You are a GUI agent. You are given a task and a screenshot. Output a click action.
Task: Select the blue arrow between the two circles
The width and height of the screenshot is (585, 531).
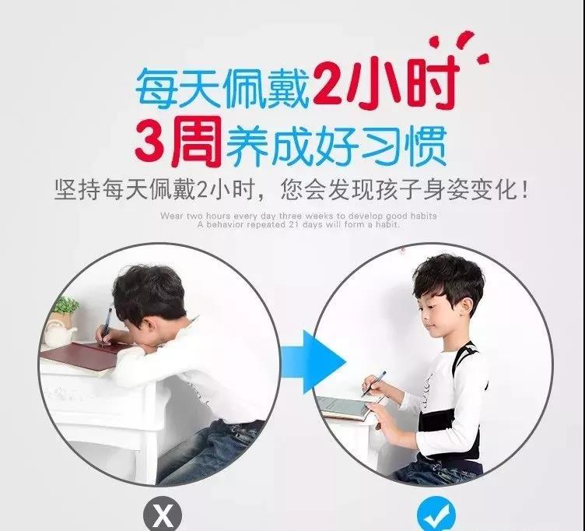[x=314, y=362]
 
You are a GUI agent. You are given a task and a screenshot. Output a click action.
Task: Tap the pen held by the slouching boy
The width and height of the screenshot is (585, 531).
[x=106, y=325]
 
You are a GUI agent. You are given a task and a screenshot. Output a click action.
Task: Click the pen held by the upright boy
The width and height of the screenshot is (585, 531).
[x=373, y=384]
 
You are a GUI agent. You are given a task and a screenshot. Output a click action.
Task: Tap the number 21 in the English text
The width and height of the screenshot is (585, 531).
[x=292, y=224]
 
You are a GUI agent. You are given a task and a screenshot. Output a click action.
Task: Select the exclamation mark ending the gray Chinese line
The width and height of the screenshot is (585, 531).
[x=525, y=190]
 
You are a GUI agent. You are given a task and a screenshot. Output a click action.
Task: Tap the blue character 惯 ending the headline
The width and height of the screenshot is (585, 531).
[x=428, y=146]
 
